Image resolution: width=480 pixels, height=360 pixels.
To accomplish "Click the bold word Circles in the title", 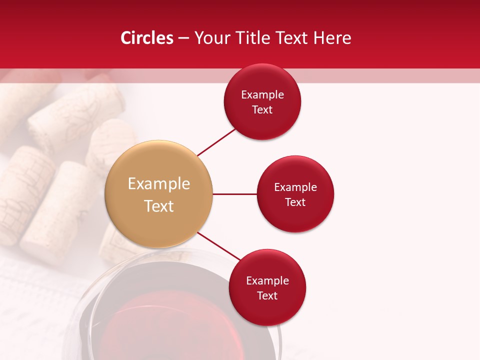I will click(x=146, y=38).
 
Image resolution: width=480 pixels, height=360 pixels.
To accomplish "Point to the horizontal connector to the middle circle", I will click(x=234, y=194).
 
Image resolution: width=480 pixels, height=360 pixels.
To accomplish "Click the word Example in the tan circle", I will click(x=159, y=184).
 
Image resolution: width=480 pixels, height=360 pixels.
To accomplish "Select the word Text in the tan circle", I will click(x=159, y=206).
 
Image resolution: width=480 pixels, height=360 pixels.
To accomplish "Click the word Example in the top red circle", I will click(x=262, y=95).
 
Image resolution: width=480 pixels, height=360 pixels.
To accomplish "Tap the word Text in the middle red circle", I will click(x=295, y=202).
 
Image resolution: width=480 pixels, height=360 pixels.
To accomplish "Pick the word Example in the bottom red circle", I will click(x=267, y=281).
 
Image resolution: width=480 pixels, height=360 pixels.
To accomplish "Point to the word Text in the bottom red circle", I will click(x=267, y=296).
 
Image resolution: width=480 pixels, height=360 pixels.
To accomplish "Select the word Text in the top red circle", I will click(x=262, y=110).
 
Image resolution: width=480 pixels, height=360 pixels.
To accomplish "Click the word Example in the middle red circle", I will click(x=295, y=187).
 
